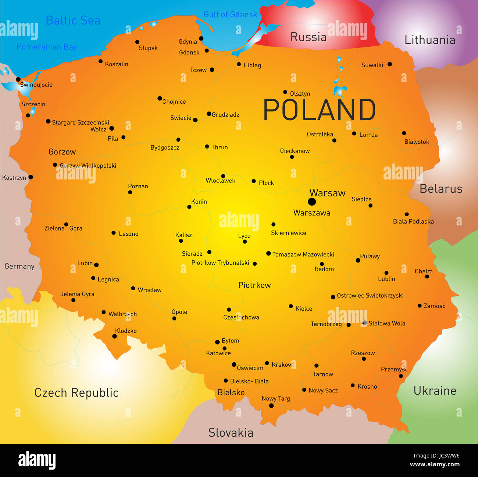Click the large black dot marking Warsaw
click(312, 202)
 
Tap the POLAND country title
click(319, 110)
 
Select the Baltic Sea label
click(73, 21)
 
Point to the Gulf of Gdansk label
click(231, 15)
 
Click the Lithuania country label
click(429, 40)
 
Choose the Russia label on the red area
click(308, 37)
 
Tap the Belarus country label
click(440, 189)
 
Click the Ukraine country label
click(435, 391)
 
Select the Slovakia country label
click(231, 432)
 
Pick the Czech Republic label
click(76, 393)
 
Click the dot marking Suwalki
click(390, 64)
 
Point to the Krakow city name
click(282, 364)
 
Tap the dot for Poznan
click(130, 192)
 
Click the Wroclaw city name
click(149, 290)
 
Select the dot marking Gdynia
click(201, 38)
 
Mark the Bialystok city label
click(417, 142)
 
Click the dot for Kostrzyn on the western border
click(31, 177)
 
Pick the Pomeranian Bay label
click(47, 47)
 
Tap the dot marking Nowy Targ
click(271, 406)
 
